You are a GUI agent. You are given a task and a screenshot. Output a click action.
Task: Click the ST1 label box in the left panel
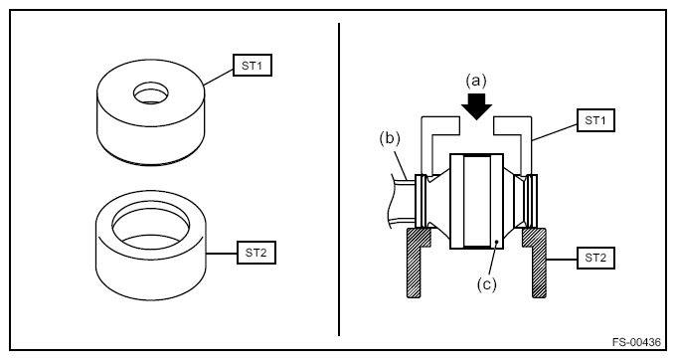(x=253, y=66)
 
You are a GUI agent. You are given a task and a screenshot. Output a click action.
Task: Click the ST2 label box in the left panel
(x=256, y=253)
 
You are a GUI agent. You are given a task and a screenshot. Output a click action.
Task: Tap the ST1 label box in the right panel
(x=595, y=120)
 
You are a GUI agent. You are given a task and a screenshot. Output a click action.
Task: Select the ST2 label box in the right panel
(x=595, y=258)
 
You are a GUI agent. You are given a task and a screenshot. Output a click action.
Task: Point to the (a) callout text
(x=476, y=81)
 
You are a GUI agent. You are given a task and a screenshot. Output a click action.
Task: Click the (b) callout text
(x=390, y=139)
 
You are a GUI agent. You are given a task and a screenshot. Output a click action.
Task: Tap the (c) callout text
(x=487, y=284)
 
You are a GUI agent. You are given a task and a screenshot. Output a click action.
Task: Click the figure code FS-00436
(x=636, y=342)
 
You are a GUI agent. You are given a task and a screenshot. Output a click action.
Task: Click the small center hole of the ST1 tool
(x=150, y=93)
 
